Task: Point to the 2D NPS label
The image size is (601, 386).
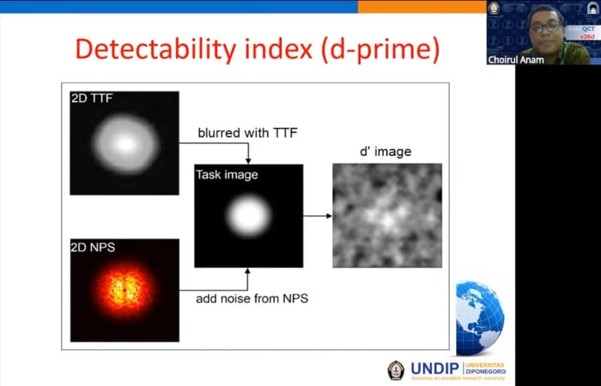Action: pyautogui.click(x=93, y=246)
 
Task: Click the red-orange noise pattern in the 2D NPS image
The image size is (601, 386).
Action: pyautogui.click(x=125, y=290)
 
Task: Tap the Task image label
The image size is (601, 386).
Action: pyautogui.click(x=227, y=175)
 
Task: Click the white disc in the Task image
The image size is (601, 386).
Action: pyautogui.click(x=249, y=216)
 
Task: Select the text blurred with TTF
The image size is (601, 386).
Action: pyautogui.click(x=247, y=133)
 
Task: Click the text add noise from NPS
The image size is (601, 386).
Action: pyautogui.click(x=252, y=298)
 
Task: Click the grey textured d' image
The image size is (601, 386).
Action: pyautogui.click(x=387, y=216)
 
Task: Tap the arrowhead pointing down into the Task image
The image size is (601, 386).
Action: pyautogui.click(x=249, y=160)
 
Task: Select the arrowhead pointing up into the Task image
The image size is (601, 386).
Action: pyautogui.click(x=249, y=271)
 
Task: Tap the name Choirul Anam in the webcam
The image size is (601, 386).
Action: pyautogui.click(x=515, y=59)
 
